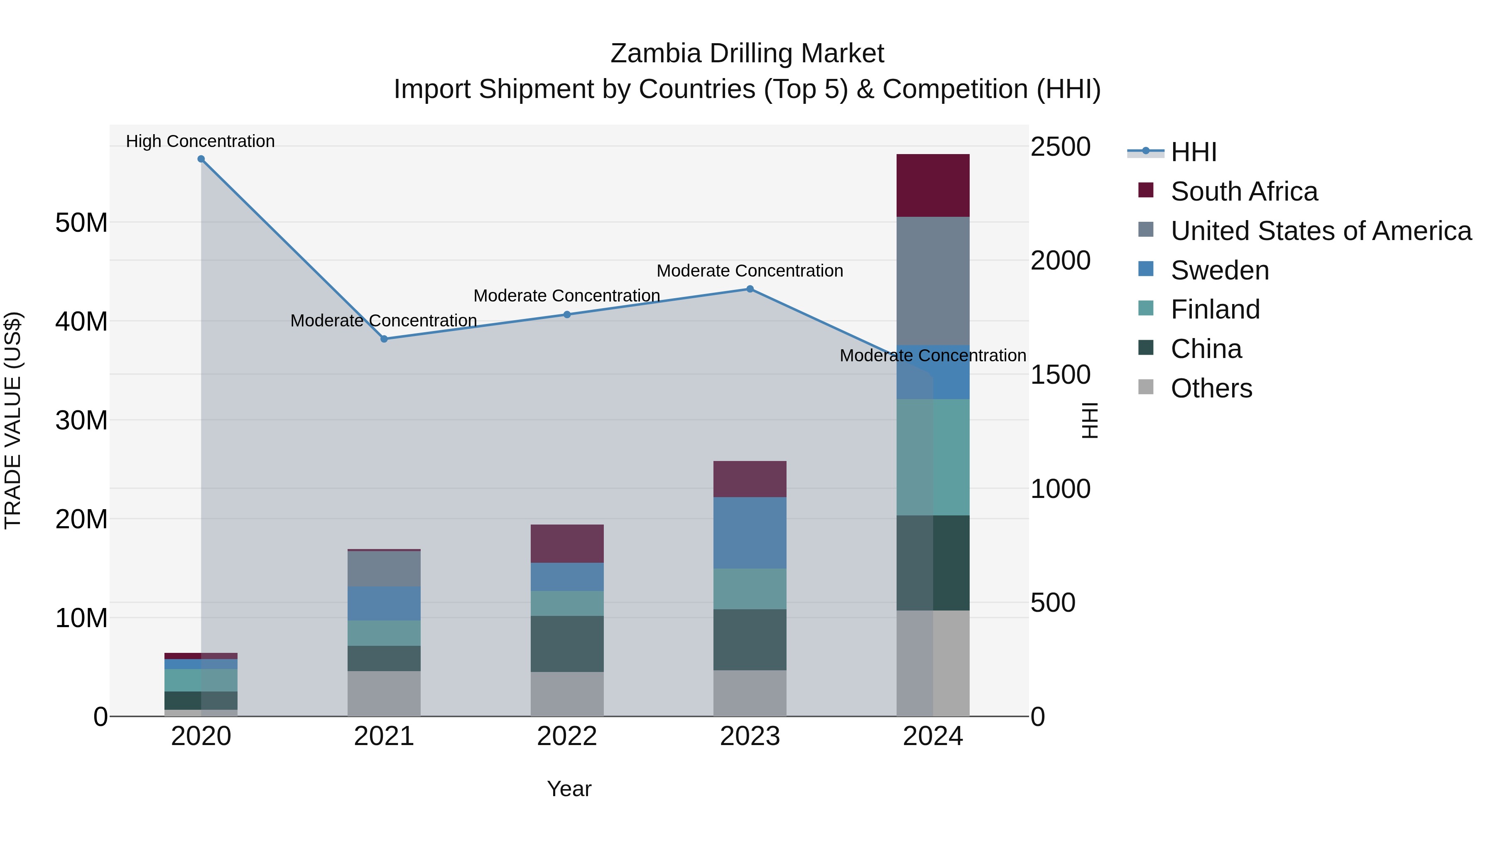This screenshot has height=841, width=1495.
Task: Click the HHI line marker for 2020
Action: click(x=201, y=159)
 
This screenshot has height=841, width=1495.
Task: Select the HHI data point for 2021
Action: click(x=384, y=339)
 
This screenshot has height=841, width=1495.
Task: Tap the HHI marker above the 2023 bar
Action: click(x=750, y=289)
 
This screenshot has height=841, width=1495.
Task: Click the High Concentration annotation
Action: click(x=200, y=141)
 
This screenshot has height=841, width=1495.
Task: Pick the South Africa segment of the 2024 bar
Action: click(x=933, y=186)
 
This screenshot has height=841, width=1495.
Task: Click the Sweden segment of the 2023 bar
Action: click(x=750, y=533)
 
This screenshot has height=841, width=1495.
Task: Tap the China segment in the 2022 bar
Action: click(x=567, y=644)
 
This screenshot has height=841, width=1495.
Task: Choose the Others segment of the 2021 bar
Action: click(x=384, y=694)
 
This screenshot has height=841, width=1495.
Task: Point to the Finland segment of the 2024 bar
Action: click(x=933, y=457)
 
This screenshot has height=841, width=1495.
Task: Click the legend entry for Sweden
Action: click(x=1219, y=270)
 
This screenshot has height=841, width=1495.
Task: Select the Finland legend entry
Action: click(x=1215, y=309)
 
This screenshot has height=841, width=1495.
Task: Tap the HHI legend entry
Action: click(x=1193, y=152)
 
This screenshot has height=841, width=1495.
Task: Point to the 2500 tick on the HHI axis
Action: click(x=1060, y=147)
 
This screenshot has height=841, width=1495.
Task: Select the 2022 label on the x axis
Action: click(x=567, y=736)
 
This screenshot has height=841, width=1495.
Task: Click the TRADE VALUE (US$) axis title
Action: click(x=13, y=420)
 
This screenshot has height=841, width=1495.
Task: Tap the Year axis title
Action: click(x=569, y=789)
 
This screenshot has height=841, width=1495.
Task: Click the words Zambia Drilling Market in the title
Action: click(x=747, y=54)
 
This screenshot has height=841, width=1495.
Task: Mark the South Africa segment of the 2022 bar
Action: click(x=567, y=544)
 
